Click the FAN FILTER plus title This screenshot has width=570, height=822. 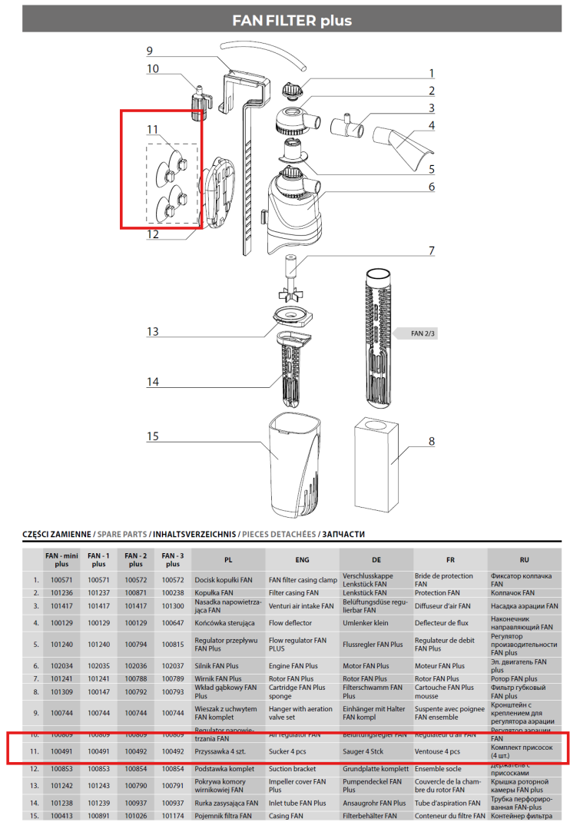[292, 21]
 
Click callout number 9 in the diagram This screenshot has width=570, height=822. [150, 51]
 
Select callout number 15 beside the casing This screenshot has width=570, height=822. [153, 436]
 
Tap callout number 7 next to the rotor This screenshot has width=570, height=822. [432, 250]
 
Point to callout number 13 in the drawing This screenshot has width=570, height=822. [153, 331]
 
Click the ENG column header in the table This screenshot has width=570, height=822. [302, 560]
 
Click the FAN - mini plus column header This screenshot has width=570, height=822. [61, 560]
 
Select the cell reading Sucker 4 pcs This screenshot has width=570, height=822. [288, 751]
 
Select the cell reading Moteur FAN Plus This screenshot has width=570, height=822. [439, 666]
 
